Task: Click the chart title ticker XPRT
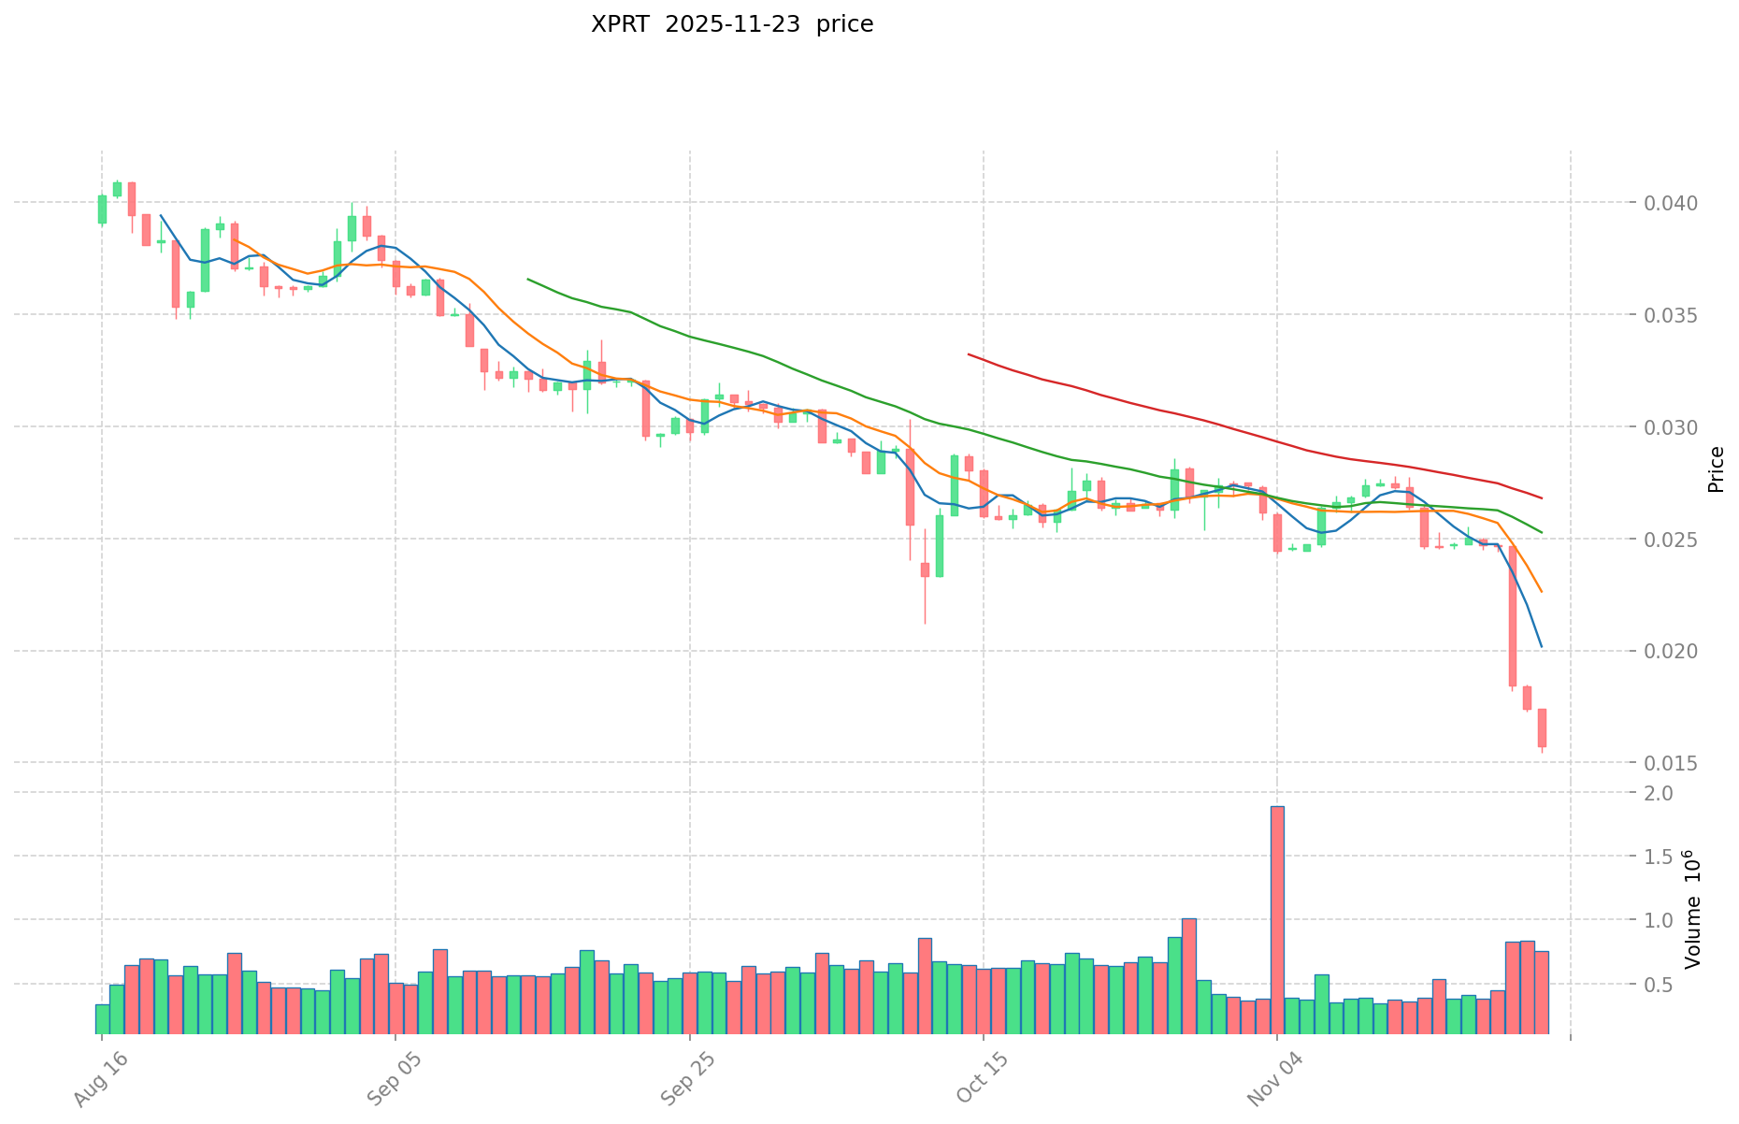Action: [x=621, y=25]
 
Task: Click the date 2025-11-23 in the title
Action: [x=733, y=25]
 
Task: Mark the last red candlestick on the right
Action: [x=1542, y=728]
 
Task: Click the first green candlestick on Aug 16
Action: [x=102, y=209]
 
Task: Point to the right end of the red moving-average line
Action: [x=1542, y=497]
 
